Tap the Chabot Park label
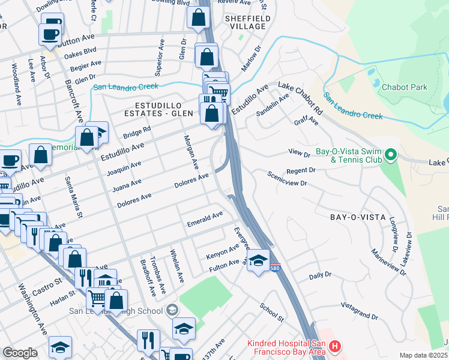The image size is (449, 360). (x=405, y=87)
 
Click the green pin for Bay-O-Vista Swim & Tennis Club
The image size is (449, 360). (x=391, y=155)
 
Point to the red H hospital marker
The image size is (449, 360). (x=335, y=347)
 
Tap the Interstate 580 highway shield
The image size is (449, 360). (x=274, y=266)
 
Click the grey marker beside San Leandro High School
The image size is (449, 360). (x=172, y=310)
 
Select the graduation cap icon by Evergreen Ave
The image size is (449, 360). (x=258, y=260)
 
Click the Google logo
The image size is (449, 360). (x=20, y=352)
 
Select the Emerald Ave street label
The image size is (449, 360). (x=205, y=218)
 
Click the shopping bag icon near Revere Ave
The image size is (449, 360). (x=198, y=18)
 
